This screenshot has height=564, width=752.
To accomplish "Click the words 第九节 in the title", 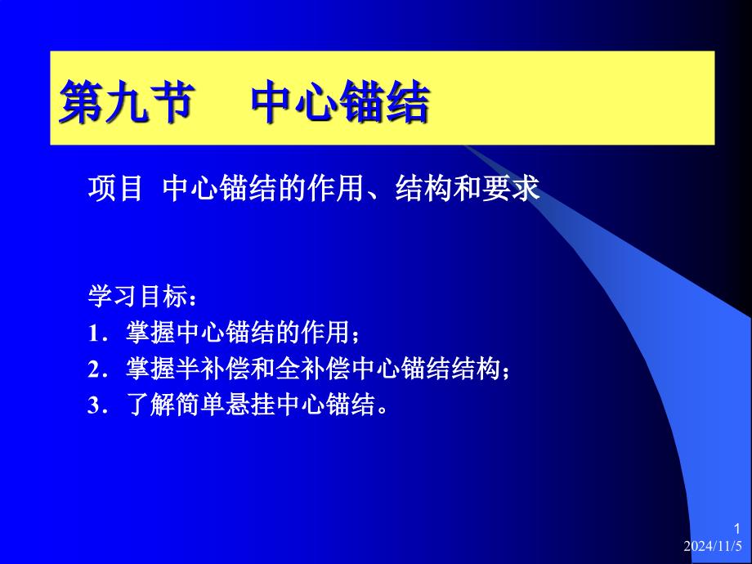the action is tap(127, 101).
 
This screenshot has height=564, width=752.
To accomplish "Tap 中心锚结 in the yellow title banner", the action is tap(340, 101).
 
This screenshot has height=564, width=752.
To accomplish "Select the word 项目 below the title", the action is tap(115, 188).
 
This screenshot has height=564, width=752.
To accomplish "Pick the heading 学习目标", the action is tap(138, 296).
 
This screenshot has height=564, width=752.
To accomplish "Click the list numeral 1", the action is tap(93, 333).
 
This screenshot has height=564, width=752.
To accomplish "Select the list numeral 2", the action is tap(93, 369).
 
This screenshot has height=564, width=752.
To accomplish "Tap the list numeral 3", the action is tap(93, 405).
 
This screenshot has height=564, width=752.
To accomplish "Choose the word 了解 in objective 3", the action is tap(150, 405).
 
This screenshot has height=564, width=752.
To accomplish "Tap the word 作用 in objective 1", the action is tap(325, 333).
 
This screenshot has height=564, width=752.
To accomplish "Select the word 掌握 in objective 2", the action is tap(150, 369).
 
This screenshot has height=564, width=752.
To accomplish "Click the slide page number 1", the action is tap(737, 530).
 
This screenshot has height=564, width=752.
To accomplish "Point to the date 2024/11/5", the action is tap(713, 546).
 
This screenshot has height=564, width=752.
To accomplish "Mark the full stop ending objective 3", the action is tap(382, 411).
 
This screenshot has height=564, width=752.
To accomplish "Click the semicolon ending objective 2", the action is tap(505, 372).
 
